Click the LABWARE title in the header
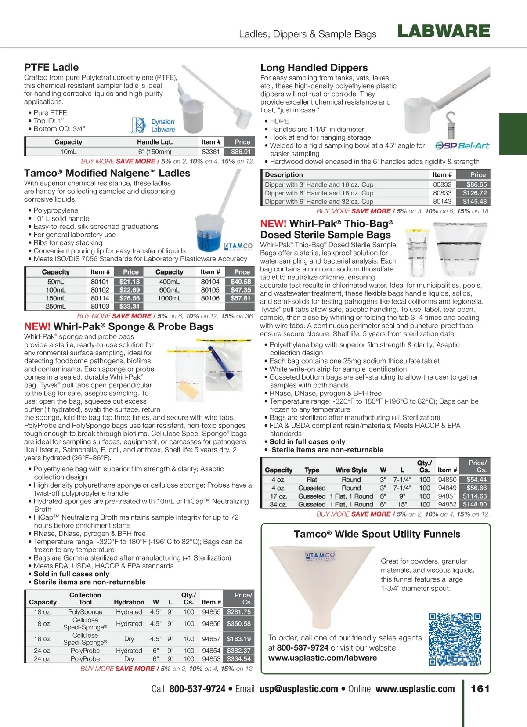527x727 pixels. tap(444, 31)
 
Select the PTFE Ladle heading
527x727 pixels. tap(51, 67)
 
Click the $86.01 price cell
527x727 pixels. tap(241, 152)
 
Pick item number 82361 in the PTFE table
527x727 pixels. tap(211, 152)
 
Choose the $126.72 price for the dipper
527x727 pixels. tap(474, 193)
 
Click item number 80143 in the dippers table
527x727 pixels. tap(442, 201)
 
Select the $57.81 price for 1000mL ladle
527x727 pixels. tap(241, 298)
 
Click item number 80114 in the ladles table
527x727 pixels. tap(100, 298)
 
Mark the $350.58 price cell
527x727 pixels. tap(239, 623)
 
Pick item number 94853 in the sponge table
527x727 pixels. tap(211, 659)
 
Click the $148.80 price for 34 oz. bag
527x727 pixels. tap(475, 504)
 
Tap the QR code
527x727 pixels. tap(455, 639)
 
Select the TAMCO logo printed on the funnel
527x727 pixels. tap(320, 556)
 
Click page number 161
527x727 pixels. tap(480, 688)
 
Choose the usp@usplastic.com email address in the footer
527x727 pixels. tap(299, 689)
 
